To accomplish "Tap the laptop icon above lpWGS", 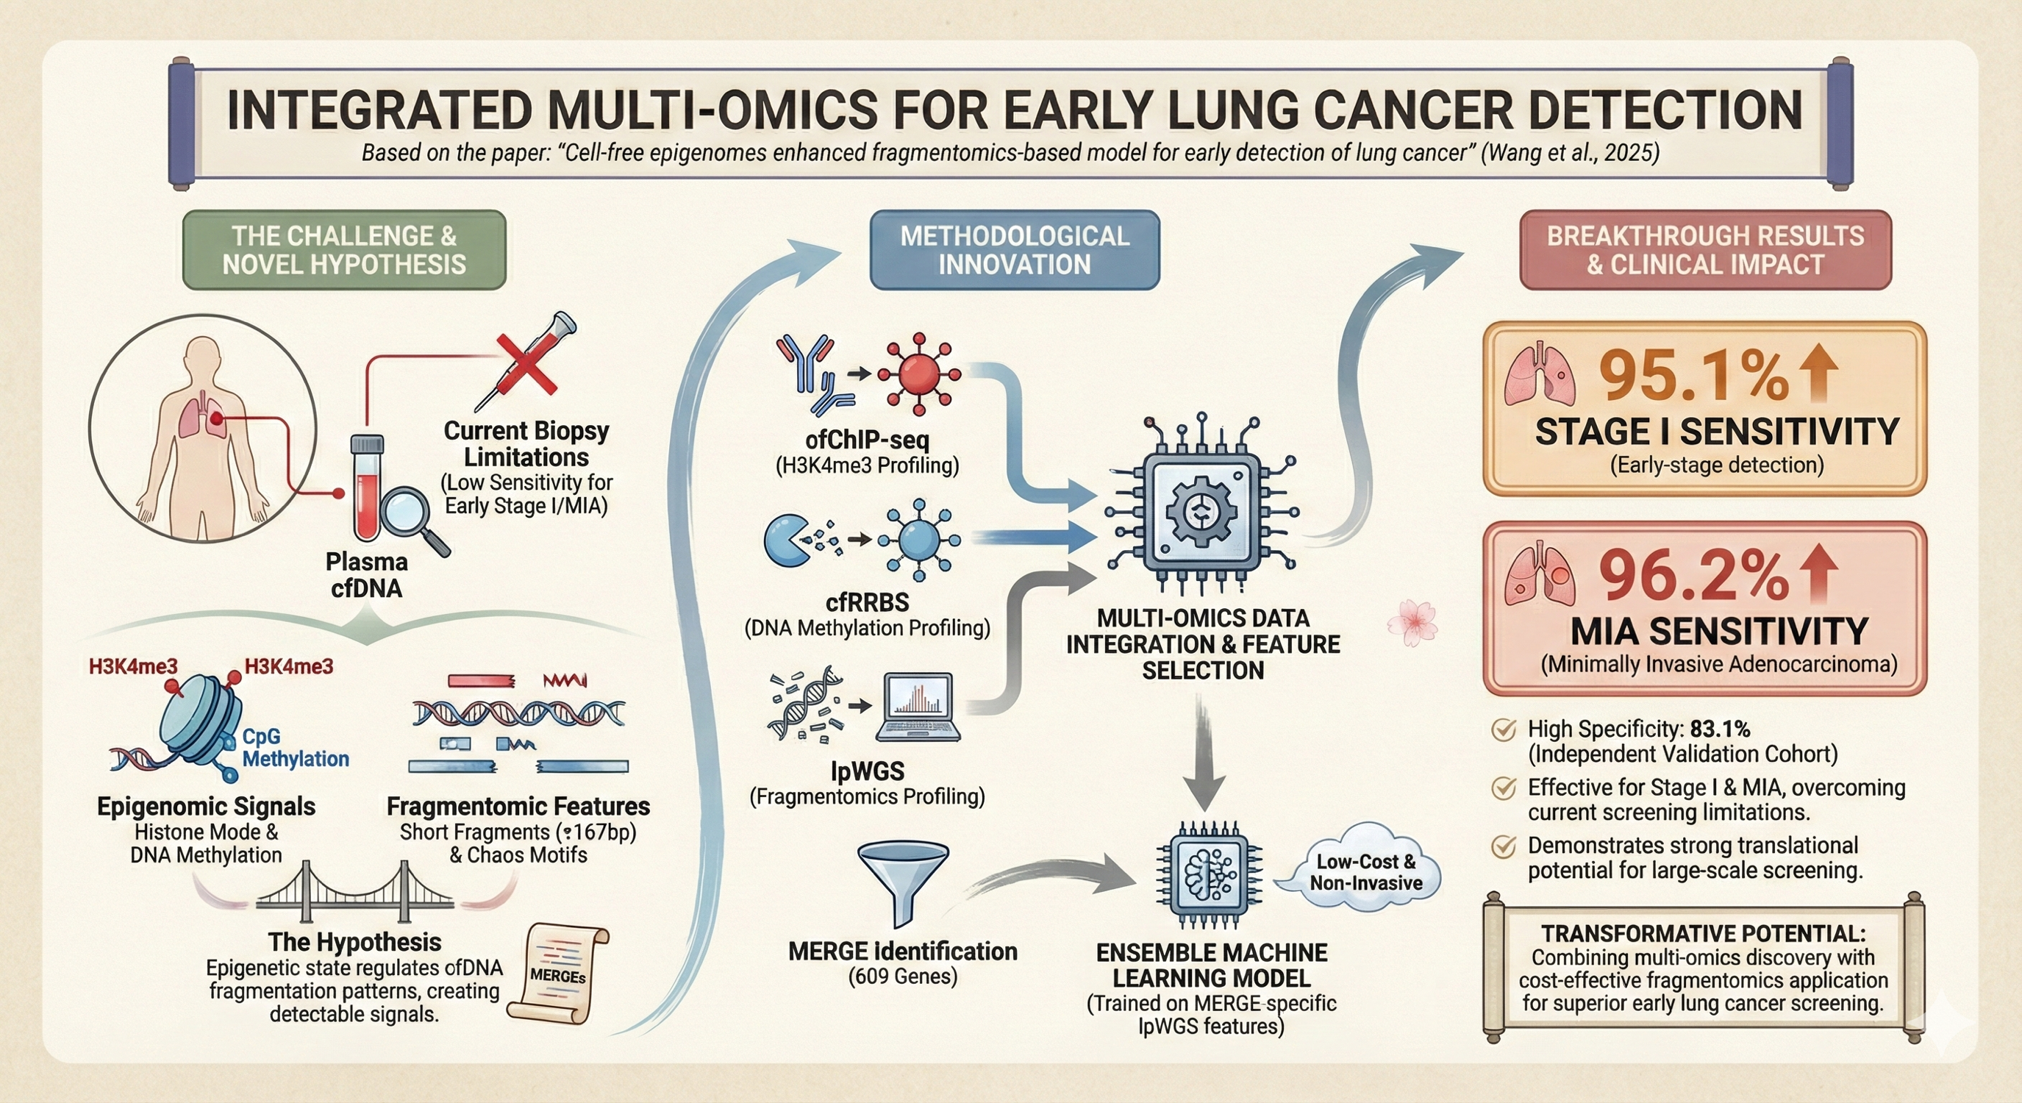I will point(918,706).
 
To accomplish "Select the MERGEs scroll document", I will point(558,974).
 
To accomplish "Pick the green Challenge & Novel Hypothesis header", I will point(344,250).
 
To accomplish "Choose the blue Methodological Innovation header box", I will point(1014,250).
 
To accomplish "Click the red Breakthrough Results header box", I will point(1705,250).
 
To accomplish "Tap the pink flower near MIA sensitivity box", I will point(1412,622).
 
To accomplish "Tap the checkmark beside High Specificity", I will point(1502,730).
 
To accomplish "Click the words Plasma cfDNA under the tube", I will point(367,574).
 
